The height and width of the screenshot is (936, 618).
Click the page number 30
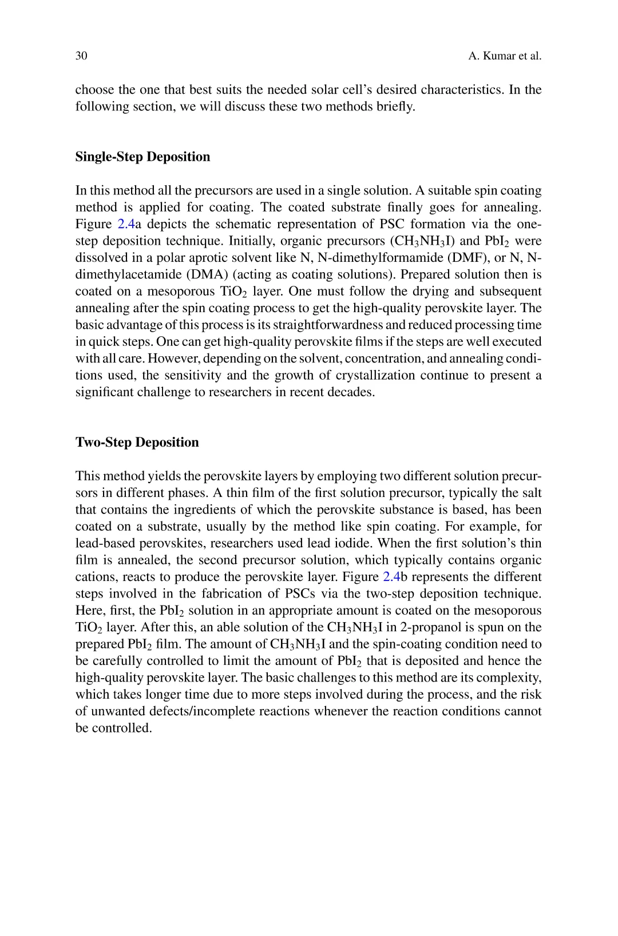tap(81, 56)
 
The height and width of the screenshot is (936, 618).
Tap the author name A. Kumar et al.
tap(505, 56)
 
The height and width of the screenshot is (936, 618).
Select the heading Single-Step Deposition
tap(142, 157)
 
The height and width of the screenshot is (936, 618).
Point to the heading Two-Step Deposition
tap(137, 443)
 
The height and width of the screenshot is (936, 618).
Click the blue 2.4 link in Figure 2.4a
tap(125, 224)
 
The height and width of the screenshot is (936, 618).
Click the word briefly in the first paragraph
tap(396, 106)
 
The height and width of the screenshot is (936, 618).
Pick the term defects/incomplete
tap(206, 711)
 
